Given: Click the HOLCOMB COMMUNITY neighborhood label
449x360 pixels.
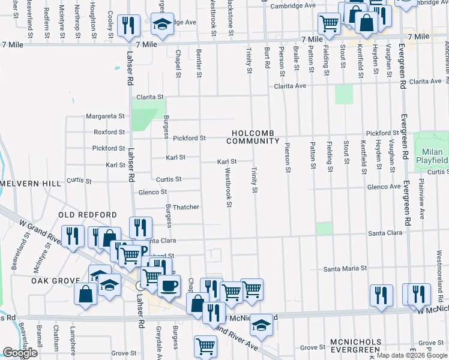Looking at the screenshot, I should (x=253, y=137).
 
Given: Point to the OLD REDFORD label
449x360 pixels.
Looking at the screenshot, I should (x=87, y=215).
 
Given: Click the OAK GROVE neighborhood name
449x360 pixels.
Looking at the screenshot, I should (x=56, y=280).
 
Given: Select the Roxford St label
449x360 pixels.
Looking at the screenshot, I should (x=109, y=132).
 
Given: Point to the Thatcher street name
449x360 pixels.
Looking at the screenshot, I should (x=186, y=207).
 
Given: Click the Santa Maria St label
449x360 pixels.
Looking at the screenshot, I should (x=345, y=269).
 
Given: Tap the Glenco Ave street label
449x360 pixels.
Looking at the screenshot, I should (x=384, y=187).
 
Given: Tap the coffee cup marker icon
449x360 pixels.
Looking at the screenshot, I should (x=169, y=284).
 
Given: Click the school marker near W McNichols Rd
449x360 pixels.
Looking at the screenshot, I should (x=261, y=325).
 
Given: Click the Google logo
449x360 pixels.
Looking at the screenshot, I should (x=20, y=353).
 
